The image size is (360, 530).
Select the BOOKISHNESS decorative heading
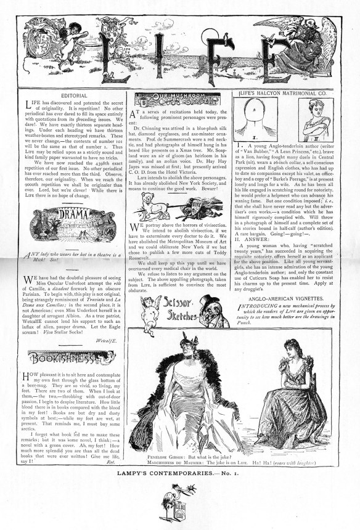point(60,357)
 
